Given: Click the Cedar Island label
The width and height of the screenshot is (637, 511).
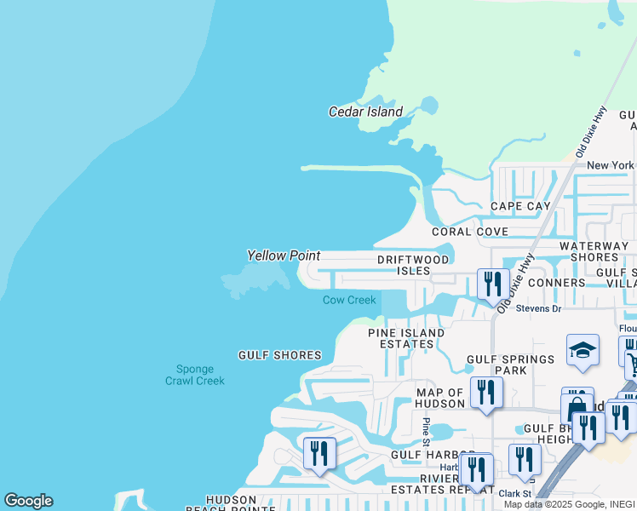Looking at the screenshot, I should coord(365,112).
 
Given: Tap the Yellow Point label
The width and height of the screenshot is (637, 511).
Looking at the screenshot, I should coord(284,255).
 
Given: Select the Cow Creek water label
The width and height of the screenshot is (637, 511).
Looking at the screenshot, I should coord(349,300).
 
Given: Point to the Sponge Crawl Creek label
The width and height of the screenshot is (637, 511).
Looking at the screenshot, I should coord(195,375).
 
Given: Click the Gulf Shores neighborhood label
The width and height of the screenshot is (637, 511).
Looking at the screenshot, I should coord(279,355).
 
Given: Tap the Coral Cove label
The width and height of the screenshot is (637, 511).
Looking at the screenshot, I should coord(469,232).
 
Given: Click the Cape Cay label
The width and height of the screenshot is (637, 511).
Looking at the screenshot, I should coord(520,206).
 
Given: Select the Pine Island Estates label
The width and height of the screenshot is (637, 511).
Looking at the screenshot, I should coord(406,338).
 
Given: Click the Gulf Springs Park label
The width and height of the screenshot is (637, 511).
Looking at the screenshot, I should coord(510,365).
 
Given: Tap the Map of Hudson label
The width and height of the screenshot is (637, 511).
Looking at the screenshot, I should coord(439,398).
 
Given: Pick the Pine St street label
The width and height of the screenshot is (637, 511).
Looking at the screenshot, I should coord(427,431).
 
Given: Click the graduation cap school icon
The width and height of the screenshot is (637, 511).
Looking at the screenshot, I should coord(582,350).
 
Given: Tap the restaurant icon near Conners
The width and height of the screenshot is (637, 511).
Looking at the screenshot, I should coord(493,284).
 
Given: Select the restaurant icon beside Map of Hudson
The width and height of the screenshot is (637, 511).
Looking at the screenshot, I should coord(486,392).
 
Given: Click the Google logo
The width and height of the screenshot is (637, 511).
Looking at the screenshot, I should coord(28,501).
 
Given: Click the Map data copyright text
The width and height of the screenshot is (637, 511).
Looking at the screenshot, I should coord(582,504).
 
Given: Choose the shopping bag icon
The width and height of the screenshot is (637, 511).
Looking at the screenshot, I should coord(576,406).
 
